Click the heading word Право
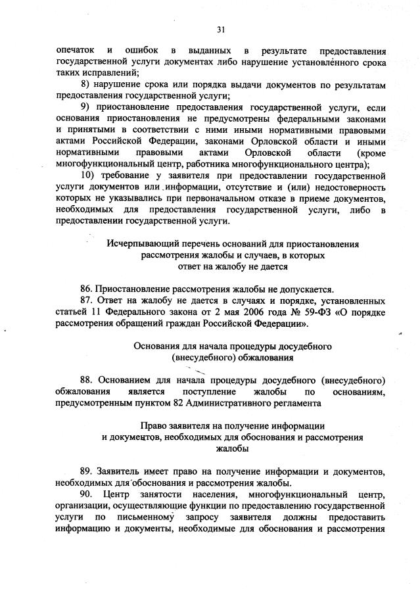(161, 425)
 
